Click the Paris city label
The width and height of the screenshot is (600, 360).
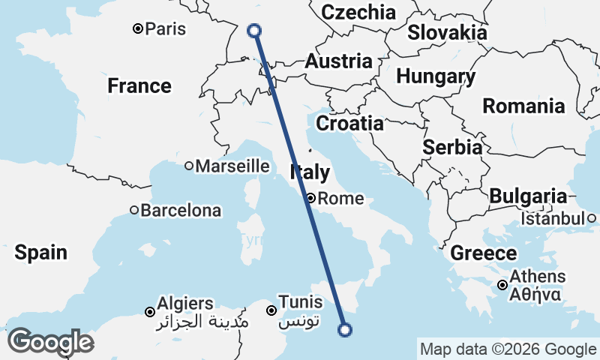[166, 28]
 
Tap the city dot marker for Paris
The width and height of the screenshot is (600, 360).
[138, 28]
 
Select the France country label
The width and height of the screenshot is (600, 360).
[139, 85]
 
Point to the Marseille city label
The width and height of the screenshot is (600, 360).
[232, 166]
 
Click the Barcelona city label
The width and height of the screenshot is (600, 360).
[181, 211]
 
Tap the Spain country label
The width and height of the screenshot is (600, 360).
[41, 253]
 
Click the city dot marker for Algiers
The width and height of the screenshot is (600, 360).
[150, 311]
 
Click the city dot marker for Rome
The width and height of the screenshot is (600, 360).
[310, 199]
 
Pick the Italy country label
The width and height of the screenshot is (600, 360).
[309, 173]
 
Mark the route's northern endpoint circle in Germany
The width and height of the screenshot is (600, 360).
[254, 30]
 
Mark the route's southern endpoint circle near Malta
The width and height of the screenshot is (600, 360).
[345, 328]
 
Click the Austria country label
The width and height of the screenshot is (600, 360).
[338, 61]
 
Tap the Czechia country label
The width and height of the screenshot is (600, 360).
[358, 12]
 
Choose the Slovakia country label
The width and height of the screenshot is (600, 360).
[447, 32]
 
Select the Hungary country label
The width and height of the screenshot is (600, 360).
[436, 76]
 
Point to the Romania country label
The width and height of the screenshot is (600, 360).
[523, 106]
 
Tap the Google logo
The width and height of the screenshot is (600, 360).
[50, 342]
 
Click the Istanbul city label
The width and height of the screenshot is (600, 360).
[553, 218]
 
